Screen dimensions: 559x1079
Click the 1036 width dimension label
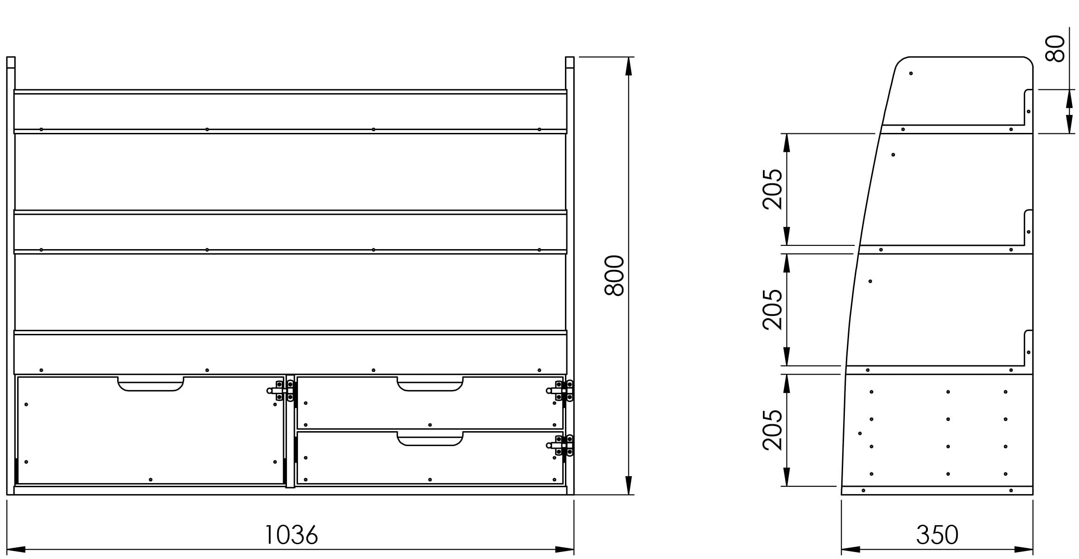pos(291,535)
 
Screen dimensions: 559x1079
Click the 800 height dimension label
pos(615,275)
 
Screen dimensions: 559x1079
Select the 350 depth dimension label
pos(937,535)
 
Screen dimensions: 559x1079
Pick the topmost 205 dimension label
pos(773,189)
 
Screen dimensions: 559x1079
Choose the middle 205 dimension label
pos(773,309)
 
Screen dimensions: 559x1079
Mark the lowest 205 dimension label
pos(773,430)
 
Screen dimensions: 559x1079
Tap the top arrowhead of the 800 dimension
pos(628,66)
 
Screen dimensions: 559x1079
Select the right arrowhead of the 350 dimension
pos(1024,550)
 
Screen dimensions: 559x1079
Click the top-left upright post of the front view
pos(11,63)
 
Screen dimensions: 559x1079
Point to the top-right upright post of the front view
pos(570,63)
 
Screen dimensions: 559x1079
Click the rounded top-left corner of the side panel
pos(901,62)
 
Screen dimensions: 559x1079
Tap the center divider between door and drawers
pos(290,431)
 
